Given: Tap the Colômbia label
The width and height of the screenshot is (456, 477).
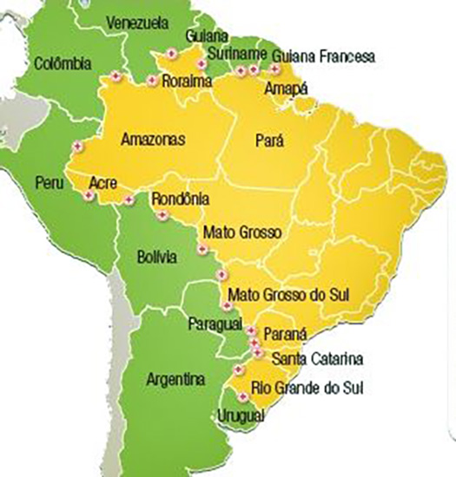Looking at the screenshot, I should [x=63, y=63].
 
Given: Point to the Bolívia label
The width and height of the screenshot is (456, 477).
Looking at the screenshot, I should [x=157, y=257].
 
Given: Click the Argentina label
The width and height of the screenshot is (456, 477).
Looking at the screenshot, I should [x=175, y=380].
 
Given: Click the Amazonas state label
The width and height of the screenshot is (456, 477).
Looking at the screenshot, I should [x=152, y=139].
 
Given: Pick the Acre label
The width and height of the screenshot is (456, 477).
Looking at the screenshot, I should [x=103, y=183].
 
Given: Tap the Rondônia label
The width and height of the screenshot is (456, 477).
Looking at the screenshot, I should [x=181, y=199].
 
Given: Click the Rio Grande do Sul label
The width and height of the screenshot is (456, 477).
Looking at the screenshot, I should [x=306, y=387].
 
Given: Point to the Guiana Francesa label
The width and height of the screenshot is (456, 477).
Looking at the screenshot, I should [x=323, y=57].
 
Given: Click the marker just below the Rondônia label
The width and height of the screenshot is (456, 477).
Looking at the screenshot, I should [x=162, y=214].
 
